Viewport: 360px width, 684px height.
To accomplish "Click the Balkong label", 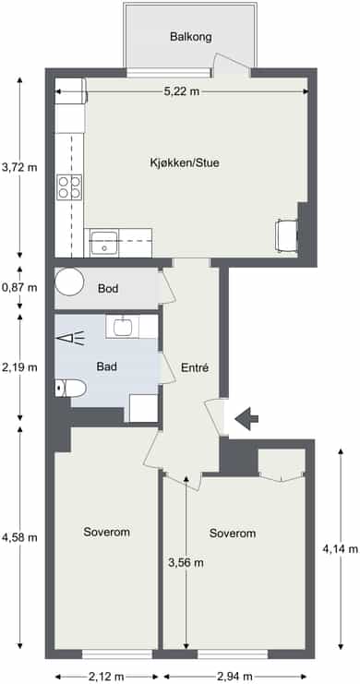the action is [x=191, y=37].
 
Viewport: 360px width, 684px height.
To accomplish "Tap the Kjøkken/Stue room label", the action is [x=185, y=163].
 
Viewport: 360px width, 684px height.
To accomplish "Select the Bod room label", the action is [x=108, y=288].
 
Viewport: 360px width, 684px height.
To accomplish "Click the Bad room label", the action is [x=107, y=366].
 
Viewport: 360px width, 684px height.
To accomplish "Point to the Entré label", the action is [x=195, y=367].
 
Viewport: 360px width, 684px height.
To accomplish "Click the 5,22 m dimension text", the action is [x=182, y=91].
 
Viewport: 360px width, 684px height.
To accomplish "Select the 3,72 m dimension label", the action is [x=19, y=167].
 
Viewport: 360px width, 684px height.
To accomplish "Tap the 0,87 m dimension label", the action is [x=19, y=287].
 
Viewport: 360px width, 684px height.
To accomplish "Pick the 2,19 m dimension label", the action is [x=19, y=367].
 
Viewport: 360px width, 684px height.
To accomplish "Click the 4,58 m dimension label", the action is [x=19, y=537].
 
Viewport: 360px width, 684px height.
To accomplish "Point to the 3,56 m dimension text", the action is [x=186, y=563].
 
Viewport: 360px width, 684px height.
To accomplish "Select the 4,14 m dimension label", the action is [x=341, y=549].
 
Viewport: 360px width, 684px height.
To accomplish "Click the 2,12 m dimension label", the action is [x=106, y=677].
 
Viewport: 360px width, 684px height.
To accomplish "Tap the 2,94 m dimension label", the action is [x=234, y=677].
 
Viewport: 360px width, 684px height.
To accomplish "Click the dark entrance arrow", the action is [x=246, y=419].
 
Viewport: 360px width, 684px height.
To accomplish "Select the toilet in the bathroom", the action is [x=71, y=388].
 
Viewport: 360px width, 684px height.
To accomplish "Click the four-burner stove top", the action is [x=69, y=187].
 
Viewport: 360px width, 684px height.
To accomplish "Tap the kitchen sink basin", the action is [x=104, y=243].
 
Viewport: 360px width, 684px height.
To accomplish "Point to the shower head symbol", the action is [x=70, y=338].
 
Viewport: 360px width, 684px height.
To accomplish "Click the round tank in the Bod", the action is [x=69, y=282].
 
